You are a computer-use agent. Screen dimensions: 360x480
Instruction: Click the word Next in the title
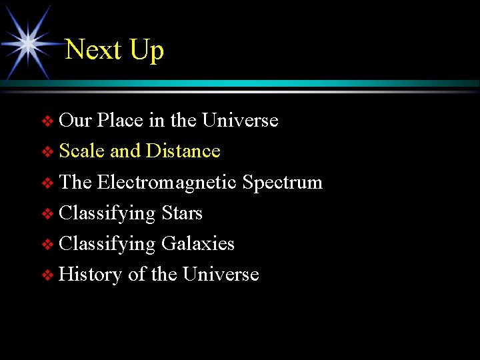coord(94,50)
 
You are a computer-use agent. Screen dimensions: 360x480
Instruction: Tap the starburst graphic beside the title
coord(29,43)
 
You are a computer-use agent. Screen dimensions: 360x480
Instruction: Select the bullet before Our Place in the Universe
coord(47,122)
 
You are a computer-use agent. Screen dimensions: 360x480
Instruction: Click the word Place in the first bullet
coord(120,121)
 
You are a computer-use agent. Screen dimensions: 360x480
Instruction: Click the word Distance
coord(183,151)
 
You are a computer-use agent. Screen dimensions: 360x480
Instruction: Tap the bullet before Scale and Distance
coord(47,153)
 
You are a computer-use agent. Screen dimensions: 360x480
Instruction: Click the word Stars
coord(181,213)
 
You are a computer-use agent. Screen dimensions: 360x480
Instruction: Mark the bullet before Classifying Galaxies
coord(47,245)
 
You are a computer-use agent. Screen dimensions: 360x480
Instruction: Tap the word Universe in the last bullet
coord(221,275)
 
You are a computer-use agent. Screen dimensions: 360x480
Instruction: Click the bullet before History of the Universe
coord(47,276)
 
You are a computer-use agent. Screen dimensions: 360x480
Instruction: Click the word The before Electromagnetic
coord(75,182)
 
